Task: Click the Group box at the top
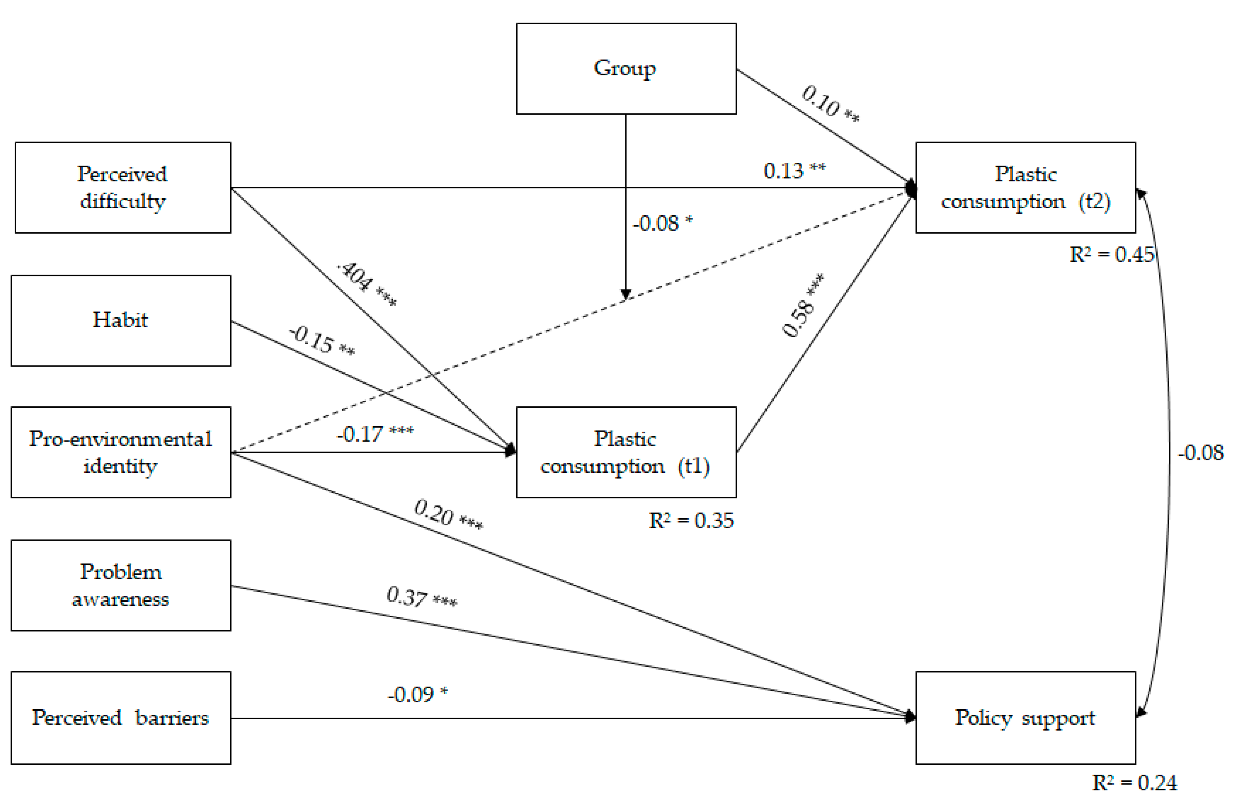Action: (x=626, y=68)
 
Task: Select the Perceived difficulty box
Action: (x=123, y=187)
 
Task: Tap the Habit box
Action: (x=121, y=320)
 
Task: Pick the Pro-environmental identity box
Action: (x=121, y=452)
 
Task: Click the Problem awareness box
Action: (x=121, y=585)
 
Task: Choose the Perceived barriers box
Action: (x=121, y=718)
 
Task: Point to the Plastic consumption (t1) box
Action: (x=626, y=452)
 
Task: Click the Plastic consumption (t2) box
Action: (x=1025, y=187)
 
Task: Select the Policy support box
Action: (x=1025, y=718)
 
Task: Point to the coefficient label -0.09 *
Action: (x=417, y=694)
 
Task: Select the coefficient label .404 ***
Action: (x=367, y=283)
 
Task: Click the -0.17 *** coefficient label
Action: (x=375, y=434)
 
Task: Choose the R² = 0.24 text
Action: (x=1134, y=782)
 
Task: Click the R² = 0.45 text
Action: (x=1111, y=254)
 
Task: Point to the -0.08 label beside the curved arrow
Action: (x=1200, y=453)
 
